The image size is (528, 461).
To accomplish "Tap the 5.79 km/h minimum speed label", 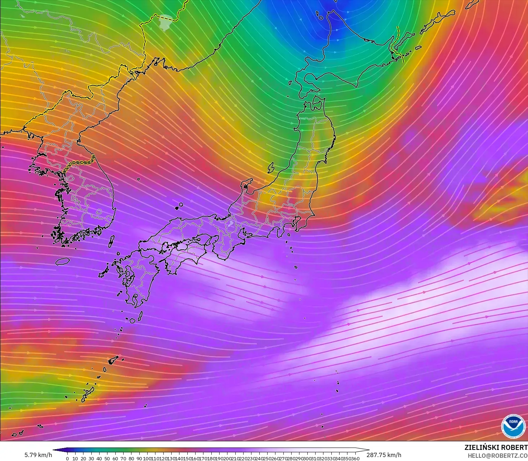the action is pos(38,455).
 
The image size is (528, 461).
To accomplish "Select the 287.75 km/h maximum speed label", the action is pos(384,455).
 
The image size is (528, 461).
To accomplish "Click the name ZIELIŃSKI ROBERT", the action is pos(496,447).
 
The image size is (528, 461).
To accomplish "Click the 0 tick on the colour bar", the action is pos(67,458).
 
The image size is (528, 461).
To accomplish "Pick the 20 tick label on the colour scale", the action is pos(83,458).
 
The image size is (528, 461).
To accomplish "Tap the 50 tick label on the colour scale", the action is pos(107,458).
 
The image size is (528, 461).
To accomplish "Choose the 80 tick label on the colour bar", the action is pos(131,458).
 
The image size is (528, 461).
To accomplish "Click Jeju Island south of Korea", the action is pos(62,261).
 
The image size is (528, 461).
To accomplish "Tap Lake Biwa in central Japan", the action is pos(231,225).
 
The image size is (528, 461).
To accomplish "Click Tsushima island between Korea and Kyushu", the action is pos(111,241).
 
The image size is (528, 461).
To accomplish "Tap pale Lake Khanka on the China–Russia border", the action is pos(165,23).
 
